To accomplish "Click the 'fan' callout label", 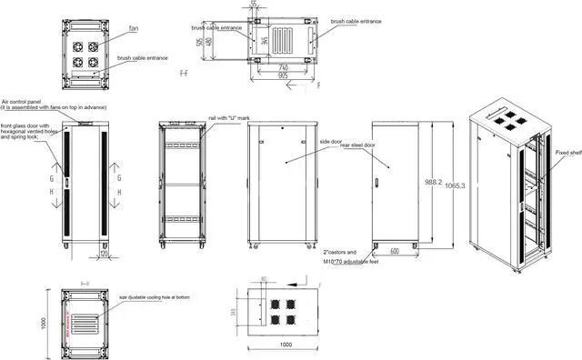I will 134,28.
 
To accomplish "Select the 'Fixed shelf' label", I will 567,154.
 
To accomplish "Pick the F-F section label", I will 185,71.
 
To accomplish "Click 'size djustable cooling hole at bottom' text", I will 155,297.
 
